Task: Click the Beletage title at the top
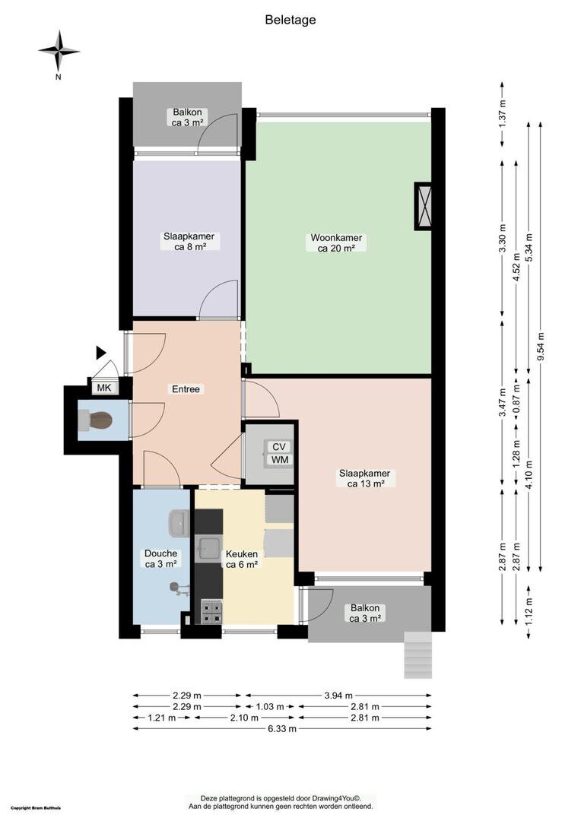(x=290, y=20)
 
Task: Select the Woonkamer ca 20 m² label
(x=336, y=243)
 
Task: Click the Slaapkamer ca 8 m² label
(x=189, y=242)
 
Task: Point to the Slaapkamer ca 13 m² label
(x=364, y=478)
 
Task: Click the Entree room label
(x=186, y=389)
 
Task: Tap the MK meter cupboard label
(x=104, y=388)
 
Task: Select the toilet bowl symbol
(x=96, y=421)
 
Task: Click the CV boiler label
(x=278, y=447)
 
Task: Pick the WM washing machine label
(x=279, y=460)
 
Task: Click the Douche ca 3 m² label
(x=160, y=558)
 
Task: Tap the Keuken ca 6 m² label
(x=242, y=559)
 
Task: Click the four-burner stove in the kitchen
(x=211, y=612)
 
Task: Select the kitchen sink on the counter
(x=208, y=548)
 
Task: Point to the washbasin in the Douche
(x=179, y=523)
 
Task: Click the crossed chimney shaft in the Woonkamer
(x=424, y=206)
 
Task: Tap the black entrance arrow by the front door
(x=100, y=353)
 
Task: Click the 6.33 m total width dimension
(x=282, y=728)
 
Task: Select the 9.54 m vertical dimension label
(x=541, y=347)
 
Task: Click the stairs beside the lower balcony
(x=418, y=655)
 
